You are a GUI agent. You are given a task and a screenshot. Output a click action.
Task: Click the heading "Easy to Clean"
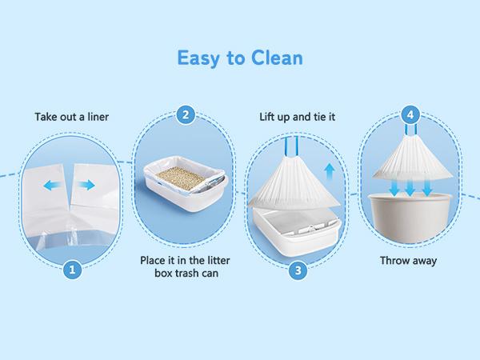[x=239, y=58]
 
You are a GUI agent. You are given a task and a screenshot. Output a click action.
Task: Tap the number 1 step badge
[x=72, y=270]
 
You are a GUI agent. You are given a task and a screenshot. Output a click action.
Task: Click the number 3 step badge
[x=298, y=270]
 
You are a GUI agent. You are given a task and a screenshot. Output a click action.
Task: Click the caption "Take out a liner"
[x=72, y=117]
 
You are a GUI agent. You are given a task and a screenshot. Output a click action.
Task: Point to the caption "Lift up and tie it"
[x=298, y=117]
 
